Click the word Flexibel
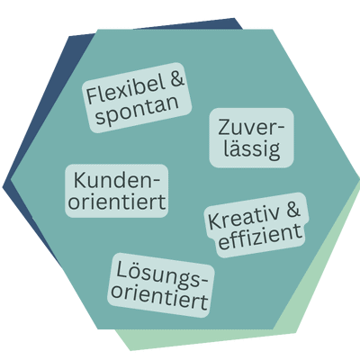126,90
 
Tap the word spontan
137,112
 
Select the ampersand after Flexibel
177,79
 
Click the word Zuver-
251,128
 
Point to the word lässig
252,148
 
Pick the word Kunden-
117,180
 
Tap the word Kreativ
244,218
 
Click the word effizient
260,237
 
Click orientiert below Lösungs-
159,296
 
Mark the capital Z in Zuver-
225,128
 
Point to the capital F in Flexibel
92,94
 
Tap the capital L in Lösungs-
121,269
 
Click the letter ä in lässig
236,148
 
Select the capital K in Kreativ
214,222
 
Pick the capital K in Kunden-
80,180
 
